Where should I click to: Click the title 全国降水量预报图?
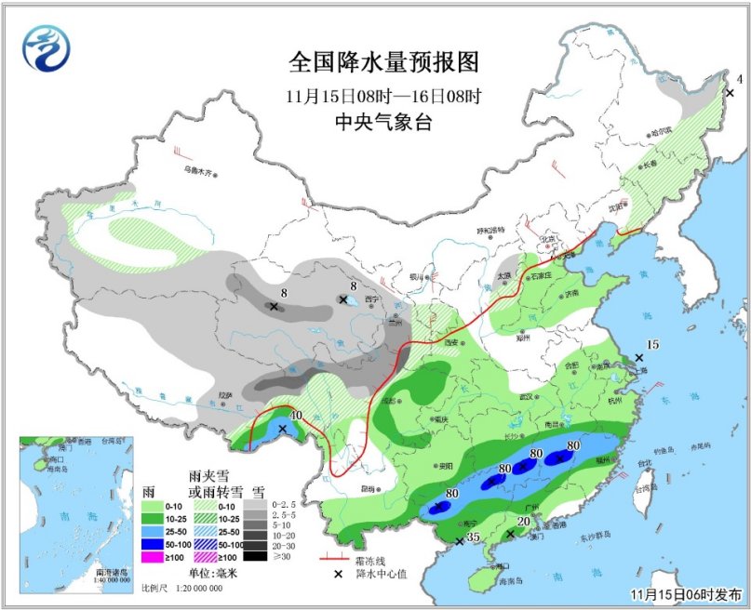(383, 62)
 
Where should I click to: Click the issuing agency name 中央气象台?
(383, 121)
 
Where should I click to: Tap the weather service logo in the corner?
(47, 47)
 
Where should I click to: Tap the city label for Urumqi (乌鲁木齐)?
(197, 170)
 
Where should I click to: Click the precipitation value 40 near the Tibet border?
(297, 416)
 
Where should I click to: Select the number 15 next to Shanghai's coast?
(652, 345)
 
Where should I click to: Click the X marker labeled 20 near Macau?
(510, 535)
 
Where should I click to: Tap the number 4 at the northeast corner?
(739, 78)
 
